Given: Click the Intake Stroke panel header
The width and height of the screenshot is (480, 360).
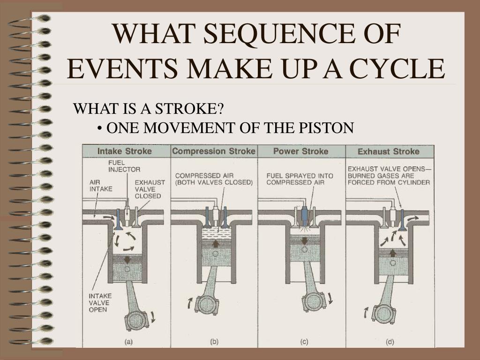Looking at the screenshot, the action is click(x=125, y=151).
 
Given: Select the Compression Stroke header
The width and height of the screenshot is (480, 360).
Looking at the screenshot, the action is click(x=214, y=151).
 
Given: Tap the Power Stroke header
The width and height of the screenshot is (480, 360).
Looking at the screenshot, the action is click(x=300, y=151).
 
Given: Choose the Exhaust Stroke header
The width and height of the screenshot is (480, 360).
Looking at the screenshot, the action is click(x=389, y=151).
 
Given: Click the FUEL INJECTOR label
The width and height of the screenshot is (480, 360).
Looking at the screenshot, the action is click(x=124, y=166).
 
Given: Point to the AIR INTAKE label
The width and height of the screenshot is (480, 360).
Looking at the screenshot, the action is click(x=101, y=186).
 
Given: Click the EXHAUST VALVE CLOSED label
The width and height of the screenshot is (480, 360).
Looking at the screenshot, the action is click(x=150, y=189).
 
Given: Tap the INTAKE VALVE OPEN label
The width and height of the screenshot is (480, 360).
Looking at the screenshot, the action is click(x=100, y=303).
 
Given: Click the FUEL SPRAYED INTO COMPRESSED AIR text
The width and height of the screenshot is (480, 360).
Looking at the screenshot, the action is click(x=300, y=179).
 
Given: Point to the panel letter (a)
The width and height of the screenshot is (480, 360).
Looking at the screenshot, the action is click(x=128, y=342).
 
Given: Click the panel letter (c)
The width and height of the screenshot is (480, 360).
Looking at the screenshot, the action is click(x=304, y=342).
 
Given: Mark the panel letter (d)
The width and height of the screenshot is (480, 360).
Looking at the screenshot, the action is click(x=390, y=342).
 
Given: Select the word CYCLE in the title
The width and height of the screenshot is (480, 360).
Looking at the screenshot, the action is click(x=397, y=68).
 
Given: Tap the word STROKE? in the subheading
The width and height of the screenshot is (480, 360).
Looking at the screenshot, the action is click(x=189, y=108).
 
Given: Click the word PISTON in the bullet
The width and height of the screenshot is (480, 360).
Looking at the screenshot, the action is click(x=326, y=127).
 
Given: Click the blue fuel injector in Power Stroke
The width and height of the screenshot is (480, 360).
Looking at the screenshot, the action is click(x=305, y=216).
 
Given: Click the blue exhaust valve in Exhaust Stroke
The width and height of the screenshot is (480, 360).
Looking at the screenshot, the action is click(x=402, y=219).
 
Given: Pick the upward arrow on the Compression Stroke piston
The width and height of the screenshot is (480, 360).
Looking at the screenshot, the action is click(x=216, y=244).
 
